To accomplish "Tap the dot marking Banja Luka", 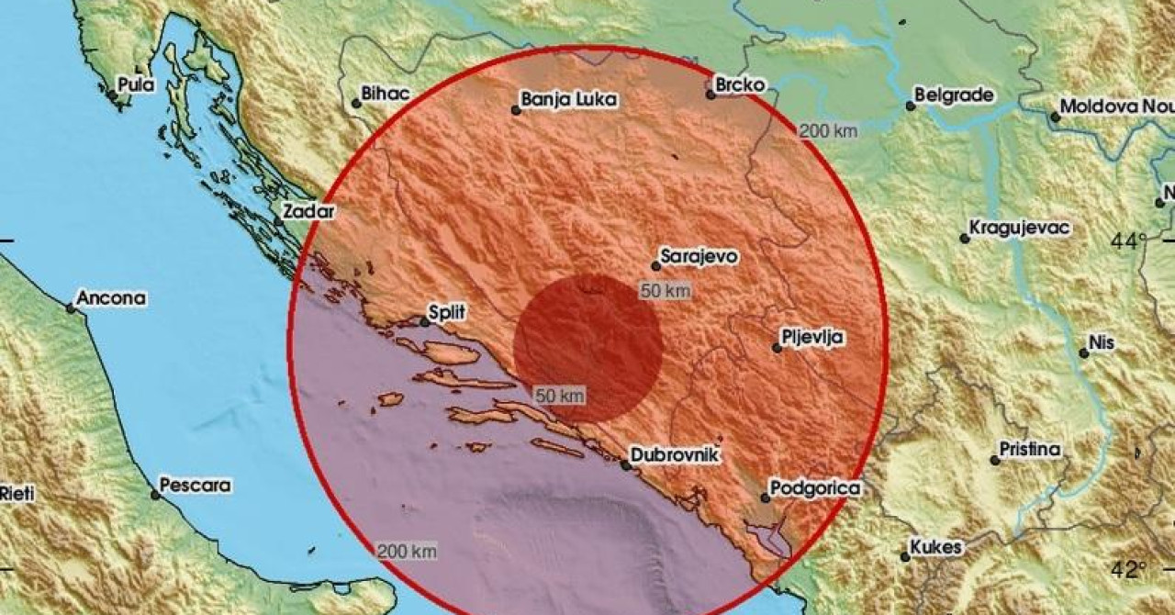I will click(516, 110).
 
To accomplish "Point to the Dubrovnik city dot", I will click(626, 465).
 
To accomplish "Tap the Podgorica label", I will click(815, 488).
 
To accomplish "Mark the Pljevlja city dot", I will click(777, 348).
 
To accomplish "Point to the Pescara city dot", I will click(156, 495).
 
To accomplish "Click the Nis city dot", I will click(1084, 353).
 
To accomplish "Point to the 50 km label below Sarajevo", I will click(664, 291).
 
